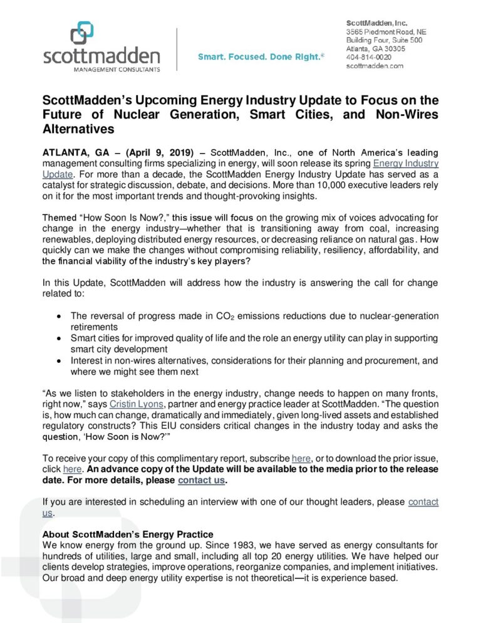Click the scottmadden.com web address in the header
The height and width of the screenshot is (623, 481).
pyautogui.click(x=375, y=65)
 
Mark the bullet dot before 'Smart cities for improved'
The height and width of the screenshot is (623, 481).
pyautogui.click(x=58, y=337)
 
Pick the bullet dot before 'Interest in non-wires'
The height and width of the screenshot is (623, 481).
pyautogui.click(x=58, y=360)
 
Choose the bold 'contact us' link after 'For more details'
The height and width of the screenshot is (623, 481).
pyautogui.click(x=200, y=481)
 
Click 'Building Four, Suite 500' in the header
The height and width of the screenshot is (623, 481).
pyautogui.click(x=385, y=40)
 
